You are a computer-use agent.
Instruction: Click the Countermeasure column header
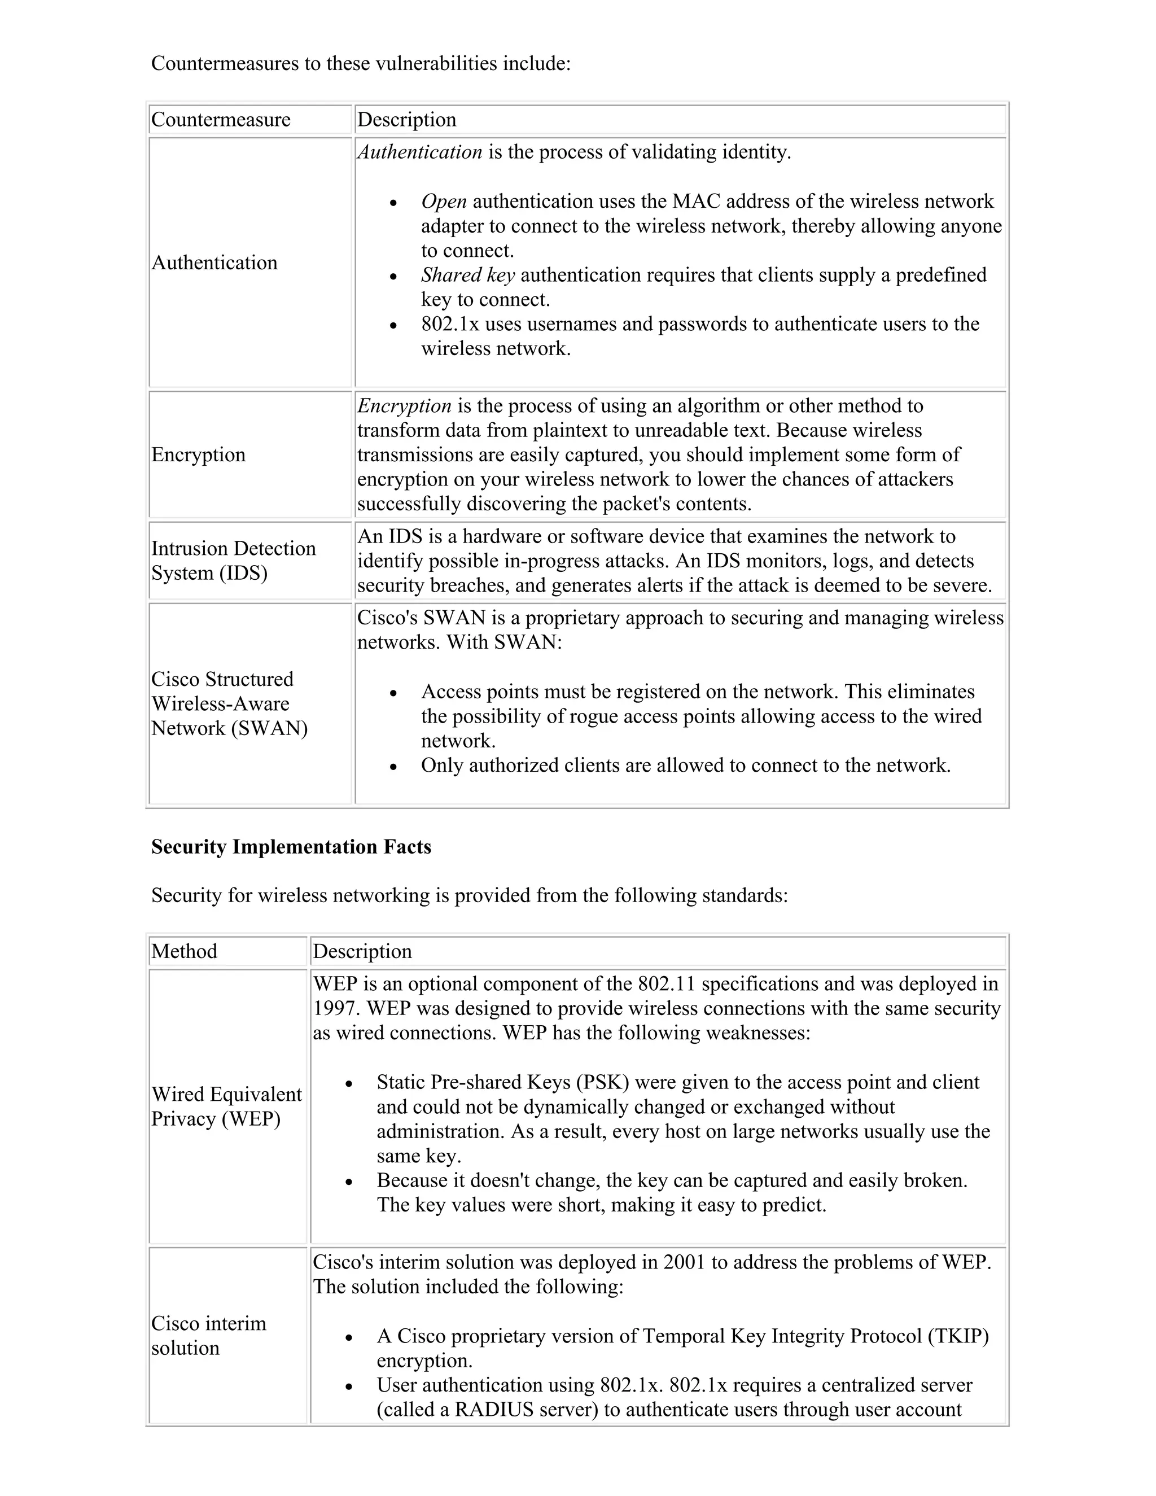click(x=221, y=120)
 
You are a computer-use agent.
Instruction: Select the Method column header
click(x=184, y=951)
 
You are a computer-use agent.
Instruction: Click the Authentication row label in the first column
click(x=214, y=263)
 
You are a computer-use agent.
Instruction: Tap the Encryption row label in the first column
click(x=198, y=455)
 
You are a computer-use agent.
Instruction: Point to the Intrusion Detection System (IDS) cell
click(x=233, y=561)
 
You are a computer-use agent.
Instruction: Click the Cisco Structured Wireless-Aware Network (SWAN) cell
click(x=229, y=704)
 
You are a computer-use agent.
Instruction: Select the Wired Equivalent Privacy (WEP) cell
click(x=226, y=1106)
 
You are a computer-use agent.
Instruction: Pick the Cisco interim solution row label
click(x=208, y=1336)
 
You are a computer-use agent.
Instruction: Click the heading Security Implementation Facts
click(x=291, y=847)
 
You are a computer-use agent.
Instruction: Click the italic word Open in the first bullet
click(x=444, y=202)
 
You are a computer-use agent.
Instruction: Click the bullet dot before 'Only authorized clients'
click(x=393, y=767)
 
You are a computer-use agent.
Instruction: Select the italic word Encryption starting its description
click(x=404, y=406)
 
